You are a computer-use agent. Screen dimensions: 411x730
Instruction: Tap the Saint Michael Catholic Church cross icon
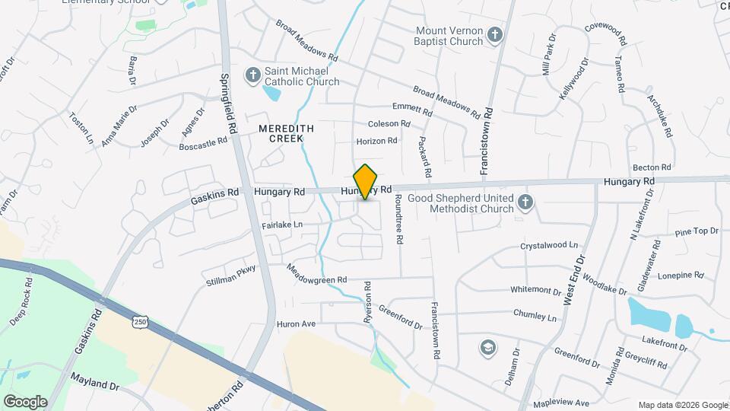click(x=252, y=75)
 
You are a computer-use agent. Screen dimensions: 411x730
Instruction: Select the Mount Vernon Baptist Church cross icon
click(x=494, y=35)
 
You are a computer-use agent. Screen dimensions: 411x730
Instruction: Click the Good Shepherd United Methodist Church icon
click(x=524, y=202)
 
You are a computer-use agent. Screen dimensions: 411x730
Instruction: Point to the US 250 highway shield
click(x=139, y=323)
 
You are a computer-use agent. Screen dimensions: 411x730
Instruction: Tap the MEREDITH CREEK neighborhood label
click(x=281, y=133)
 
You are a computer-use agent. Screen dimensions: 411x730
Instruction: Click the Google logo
click(x=25, y=401)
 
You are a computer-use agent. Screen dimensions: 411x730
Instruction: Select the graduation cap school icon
click(x=486, y=348)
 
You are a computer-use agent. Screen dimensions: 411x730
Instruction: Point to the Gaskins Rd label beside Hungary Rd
click(x=215, y=193)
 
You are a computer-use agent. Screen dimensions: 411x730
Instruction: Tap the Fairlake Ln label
click(x=282, y=225)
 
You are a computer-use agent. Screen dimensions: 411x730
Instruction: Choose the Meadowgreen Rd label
click(x=316, y=274)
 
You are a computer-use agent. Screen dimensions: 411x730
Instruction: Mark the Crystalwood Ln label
click(x=549, y=247)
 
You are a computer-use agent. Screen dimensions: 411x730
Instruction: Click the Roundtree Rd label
click(x=398, y=218)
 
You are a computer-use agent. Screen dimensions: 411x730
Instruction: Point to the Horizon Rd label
click(x=377, y=141)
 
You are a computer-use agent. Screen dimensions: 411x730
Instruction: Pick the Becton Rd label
click(x=652, y=167)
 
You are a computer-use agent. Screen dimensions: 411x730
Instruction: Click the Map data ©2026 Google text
click(x=681, y=405)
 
